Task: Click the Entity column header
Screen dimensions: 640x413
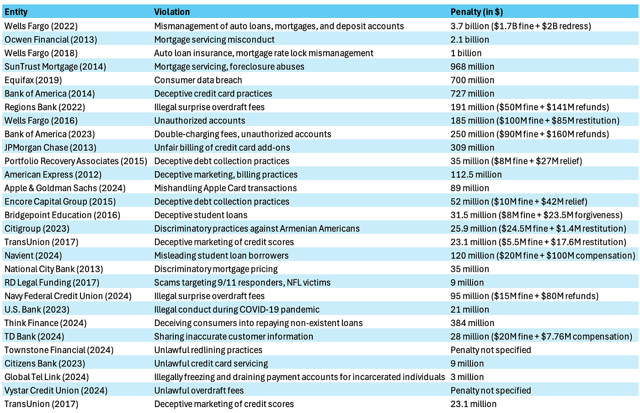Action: click(16, 12)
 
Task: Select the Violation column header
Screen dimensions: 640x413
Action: click(172, 12)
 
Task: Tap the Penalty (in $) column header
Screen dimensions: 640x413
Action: click(476, 12)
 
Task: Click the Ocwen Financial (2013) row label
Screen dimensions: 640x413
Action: click(51, 39)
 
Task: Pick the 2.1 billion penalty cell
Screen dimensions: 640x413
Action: click(470, 39)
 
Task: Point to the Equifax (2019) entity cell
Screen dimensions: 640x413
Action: click(33, 80)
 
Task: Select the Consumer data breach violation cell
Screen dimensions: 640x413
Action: click(198, 80)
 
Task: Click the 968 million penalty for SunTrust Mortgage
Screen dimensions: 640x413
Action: click(472, 66)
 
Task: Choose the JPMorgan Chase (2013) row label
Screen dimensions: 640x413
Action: click(50, 147)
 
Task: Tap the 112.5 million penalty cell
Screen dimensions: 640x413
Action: click(476, 174)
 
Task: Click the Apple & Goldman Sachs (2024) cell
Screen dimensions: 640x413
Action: click(65, 188)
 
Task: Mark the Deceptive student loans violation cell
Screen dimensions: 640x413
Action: click(201, 215)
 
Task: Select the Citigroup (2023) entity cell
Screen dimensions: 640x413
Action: click(37, 228)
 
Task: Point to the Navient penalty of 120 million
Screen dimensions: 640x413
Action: click(543, 255)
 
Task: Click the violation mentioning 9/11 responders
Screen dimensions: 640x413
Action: click(242, 283)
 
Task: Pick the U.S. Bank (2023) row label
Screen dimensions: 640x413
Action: click(37, 310)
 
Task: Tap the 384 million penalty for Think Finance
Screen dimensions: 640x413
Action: click(472, 323)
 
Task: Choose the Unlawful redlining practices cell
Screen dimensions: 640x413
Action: click(208, 350)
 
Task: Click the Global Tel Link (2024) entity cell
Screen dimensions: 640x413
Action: click(47, 377)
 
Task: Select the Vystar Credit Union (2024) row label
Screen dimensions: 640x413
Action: click(56, 391)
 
